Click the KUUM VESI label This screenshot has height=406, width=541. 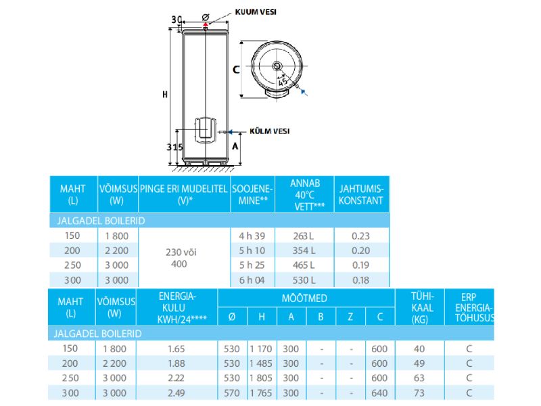(x=256, y=12)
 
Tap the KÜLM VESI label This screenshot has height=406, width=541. (x=269, y=131)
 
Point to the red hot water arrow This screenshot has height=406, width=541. (x=206, y=24)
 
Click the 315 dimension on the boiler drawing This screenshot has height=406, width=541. (x=174, y=148)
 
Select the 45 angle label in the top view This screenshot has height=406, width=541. (x=283, y=81)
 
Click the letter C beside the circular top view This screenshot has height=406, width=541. (x=236, y=70)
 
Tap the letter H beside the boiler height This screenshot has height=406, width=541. (x=165, y=94)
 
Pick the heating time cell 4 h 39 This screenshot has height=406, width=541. (x=252, y=235)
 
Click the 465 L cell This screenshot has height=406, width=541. (x=304, y=265)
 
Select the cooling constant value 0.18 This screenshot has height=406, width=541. (x=360, y=280)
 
